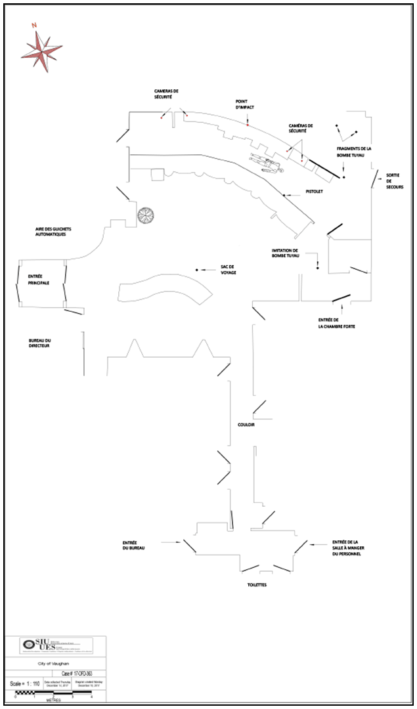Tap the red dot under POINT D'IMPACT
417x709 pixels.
[248, 123]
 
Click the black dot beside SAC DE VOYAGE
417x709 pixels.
[196, 270]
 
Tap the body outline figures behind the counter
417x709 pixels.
[266, 161]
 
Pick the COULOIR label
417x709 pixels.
[246, 425]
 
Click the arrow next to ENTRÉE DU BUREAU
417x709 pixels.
[172, 542]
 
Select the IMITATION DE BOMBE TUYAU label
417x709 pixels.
[285, 253]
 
